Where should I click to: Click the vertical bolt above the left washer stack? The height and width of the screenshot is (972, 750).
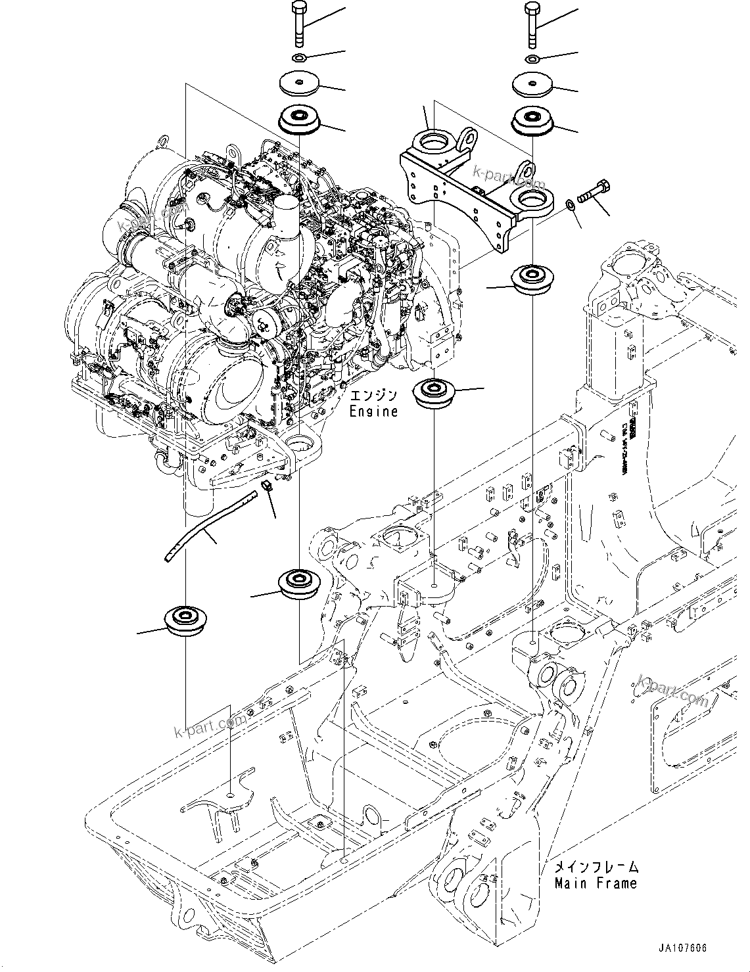298,24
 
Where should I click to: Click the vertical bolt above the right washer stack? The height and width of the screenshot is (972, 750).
532,24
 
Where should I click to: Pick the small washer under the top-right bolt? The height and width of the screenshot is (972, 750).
532,60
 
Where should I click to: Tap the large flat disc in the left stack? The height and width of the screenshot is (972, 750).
299,83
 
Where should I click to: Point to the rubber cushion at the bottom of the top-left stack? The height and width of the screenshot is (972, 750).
299,120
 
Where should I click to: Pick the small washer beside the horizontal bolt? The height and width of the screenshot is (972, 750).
572,206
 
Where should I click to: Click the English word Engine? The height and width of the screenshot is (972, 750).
373,412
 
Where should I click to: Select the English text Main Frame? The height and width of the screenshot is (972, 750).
596,883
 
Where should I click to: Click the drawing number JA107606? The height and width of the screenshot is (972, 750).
684,948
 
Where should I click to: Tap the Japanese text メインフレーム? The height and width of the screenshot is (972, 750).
596,868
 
